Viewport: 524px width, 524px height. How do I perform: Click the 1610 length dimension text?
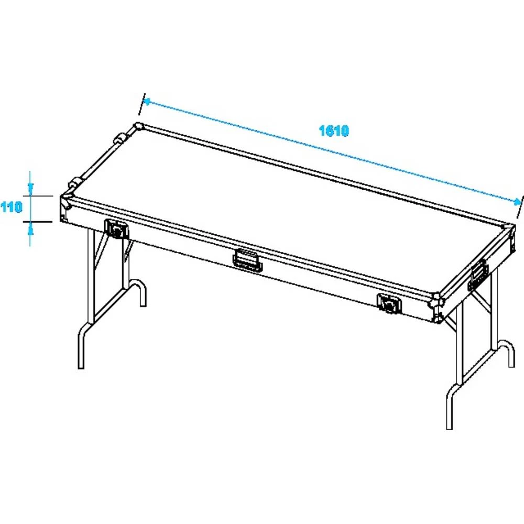click(334, 131)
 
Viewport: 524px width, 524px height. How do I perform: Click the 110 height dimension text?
click(11, 208)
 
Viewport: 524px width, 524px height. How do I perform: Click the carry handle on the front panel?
click(246, 260)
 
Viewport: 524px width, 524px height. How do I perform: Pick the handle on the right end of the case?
click(478, 274)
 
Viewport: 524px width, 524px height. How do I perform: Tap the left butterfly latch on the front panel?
click(116, 228)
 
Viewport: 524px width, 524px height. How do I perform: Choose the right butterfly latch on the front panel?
click(388, 303)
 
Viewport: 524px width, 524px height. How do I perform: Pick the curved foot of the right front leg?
click(450, 406)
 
